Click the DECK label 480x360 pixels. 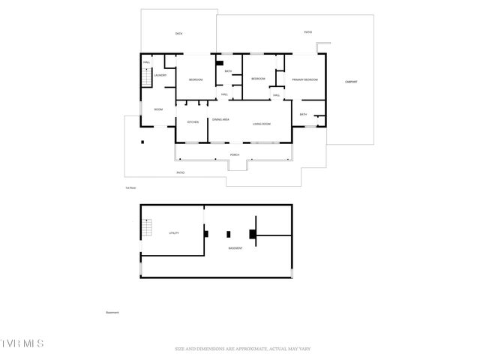(x=178, y=34)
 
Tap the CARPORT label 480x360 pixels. (x=351, y=81)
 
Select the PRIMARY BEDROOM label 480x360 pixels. (x=306, y=79)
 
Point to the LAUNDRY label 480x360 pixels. (x=160, y=76)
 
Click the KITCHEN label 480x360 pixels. (x=193, y=121)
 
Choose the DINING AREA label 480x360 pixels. (x=220, y=119)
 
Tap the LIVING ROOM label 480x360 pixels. (x=261, y=124)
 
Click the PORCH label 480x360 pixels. (x=235, y=154)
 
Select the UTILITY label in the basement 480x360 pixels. (x=173, y=233)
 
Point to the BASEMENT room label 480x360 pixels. (x=235, y=248)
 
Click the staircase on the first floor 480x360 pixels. (x=146, y=76)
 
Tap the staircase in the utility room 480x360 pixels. (x=148, y=226)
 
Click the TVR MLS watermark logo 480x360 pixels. (x=22, y=343)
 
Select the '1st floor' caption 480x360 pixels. (x=130, y=187)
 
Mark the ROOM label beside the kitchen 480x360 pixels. (x=158, y=109)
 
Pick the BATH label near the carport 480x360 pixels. (x=303, y=114)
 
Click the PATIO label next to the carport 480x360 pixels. (x=307, y=32)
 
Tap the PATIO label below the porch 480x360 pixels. (x=180, y=172)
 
